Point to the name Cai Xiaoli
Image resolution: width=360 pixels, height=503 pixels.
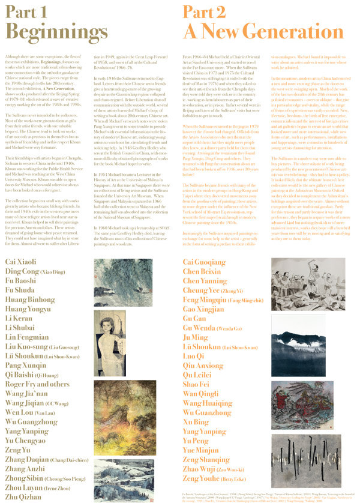click(x=22, y=279)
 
